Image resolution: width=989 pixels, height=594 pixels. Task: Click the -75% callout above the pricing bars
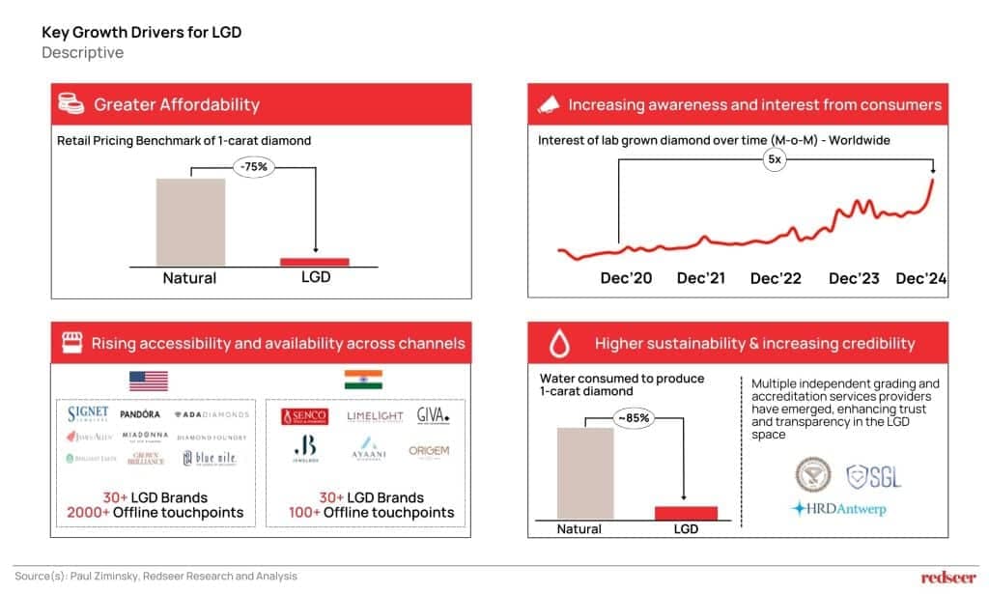point(255,166)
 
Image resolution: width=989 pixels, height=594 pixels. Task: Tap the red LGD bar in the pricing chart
point(315,261)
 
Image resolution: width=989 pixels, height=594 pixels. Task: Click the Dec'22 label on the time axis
point(776,278)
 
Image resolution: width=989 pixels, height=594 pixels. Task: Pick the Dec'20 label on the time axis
point(626,278)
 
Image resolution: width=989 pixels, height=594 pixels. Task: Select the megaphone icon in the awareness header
point(548,104)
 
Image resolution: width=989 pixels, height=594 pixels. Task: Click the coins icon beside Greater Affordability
point(70,104)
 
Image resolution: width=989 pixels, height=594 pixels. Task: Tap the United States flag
point(148,381)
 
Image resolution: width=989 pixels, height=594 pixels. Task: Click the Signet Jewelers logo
point(88,414)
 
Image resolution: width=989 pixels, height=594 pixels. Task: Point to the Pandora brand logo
point(141,414)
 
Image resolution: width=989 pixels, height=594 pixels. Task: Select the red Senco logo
point(305,416)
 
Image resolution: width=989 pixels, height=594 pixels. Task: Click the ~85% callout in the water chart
point(634,418)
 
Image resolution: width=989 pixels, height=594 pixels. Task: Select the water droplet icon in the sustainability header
point(557,343)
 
